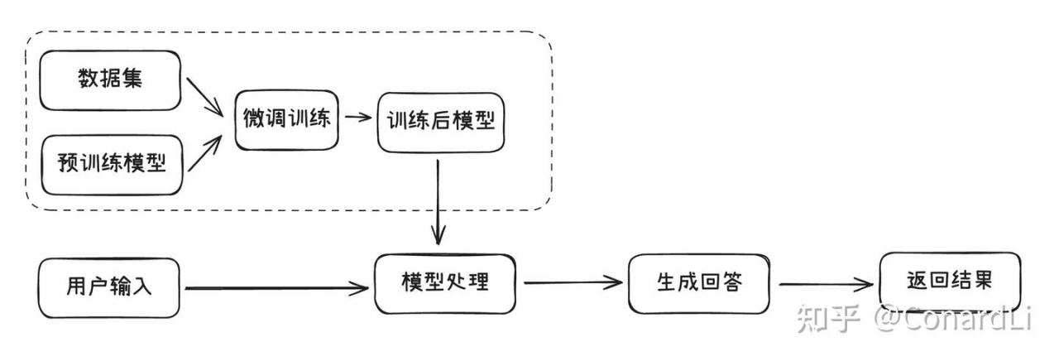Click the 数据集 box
(x=110, y=80)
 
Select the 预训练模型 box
(x=112, y=165)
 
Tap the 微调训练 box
(x=286, y=120)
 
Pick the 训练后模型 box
(x=441, y=123)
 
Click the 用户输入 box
(x=108, y=287)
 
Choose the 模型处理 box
(x=445, y=284)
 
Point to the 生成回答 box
(x=699, y=283)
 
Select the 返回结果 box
(x=950, y=281)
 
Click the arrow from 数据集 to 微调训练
(x=204, y=97)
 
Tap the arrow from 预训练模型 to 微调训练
(x=204, y=153)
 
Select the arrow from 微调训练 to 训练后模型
(x=358, y=117)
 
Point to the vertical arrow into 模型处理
(x=438, y=202)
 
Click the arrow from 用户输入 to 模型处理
(x=276, y=287)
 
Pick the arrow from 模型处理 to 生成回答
(x=573, y=283)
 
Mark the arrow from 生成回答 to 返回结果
(x=826, y=284)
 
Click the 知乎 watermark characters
(x=828, y=319)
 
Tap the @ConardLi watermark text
(x=952, y=319)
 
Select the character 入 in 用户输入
(x=141, y=286)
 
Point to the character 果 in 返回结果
(x=981, y=280)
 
